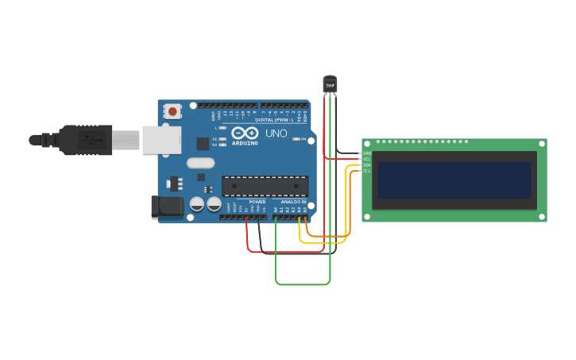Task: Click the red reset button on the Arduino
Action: (x=172, y=111)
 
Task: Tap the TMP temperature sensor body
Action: (x=330, y=83)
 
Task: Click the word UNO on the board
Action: (x=276, y=134)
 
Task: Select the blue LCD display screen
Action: (x=454, y=180)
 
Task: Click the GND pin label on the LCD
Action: (x=367, y=153)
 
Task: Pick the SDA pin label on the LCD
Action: (x=367, y=165)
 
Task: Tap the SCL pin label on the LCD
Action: (x=367, y=171)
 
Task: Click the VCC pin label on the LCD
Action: (x=367, y=159)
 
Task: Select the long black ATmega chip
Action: (x=265, y=186)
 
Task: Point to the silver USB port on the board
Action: (x=161, y=140)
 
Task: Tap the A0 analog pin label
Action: (x=276, y=210)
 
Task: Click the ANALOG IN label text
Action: (x=293, y=202)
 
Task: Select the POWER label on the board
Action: (x=257, y=202)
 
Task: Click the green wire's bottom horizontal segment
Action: (x=302, y=284)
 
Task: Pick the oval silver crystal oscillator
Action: (x=201, y=163)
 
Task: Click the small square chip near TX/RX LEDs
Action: (x=203, y=144)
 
